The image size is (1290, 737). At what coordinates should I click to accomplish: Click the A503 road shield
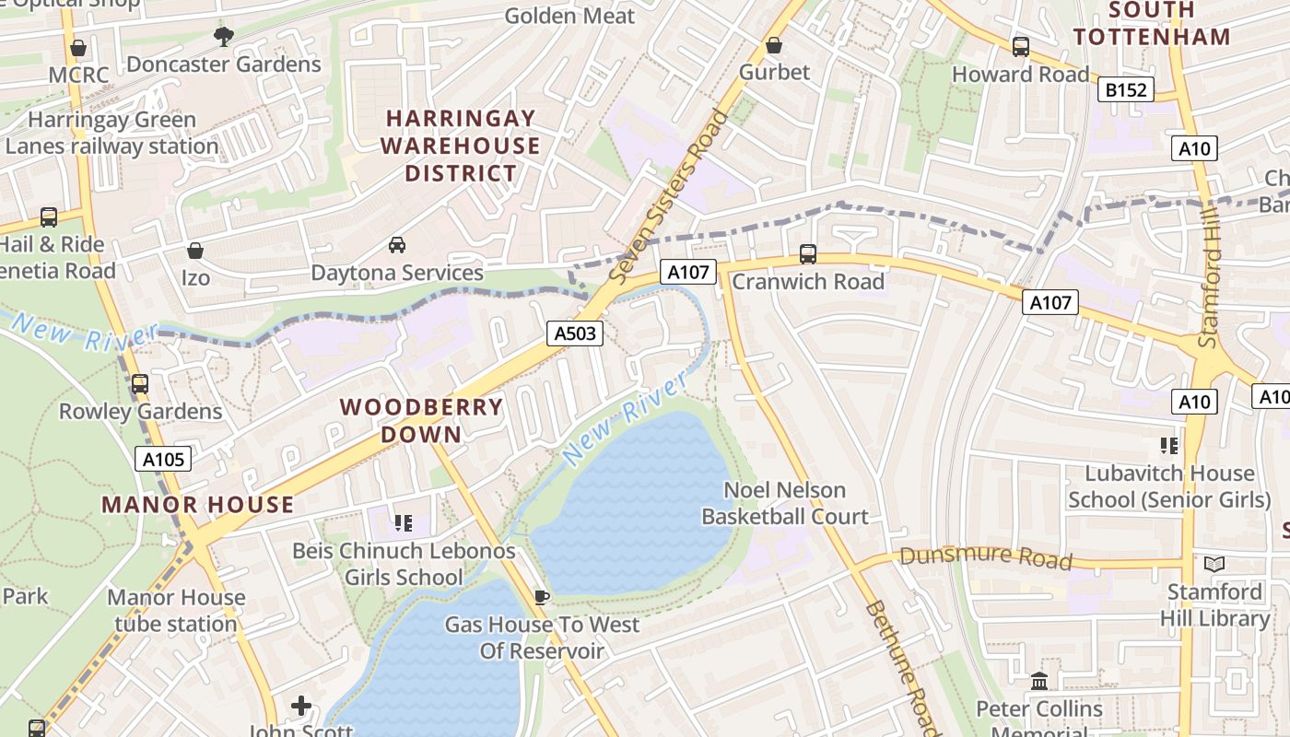tap(576, 333)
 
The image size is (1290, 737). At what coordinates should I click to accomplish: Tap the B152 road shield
tap(1126, 89)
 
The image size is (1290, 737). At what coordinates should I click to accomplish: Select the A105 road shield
tap(164, 459)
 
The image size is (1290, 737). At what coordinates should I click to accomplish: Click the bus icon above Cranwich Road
tap(808, 253)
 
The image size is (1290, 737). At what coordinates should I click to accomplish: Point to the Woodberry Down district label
tap(422, 420)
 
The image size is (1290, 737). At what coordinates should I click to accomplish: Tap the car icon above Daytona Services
tap(397, 245)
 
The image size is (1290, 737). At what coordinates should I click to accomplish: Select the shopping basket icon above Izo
tap(195, 250)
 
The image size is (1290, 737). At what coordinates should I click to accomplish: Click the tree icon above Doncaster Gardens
tap(223, 37)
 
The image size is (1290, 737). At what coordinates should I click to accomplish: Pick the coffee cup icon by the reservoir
tap(542, 597)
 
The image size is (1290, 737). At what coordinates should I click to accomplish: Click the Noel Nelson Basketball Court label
tap(785, 503)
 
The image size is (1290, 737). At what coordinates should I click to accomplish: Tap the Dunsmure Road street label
tap(986, 557)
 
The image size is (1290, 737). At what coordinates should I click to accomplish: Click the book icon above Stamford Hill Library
tap(1214, 563)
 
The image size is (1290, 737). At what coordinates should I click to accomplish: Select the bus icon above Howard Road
tap(1020, 46)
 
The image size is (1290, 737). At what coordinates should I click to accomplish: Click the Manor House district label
tap(198, 505)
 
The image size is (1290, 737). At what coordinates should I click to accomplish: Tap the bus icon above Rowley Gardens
tap(140, 383)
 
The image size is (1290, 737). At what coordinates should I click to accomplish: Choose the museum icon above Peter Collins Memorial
tap(1040, 681)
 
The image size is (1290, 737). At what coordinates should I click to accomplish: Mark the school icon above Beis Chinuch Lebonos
tap(403, 523)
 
